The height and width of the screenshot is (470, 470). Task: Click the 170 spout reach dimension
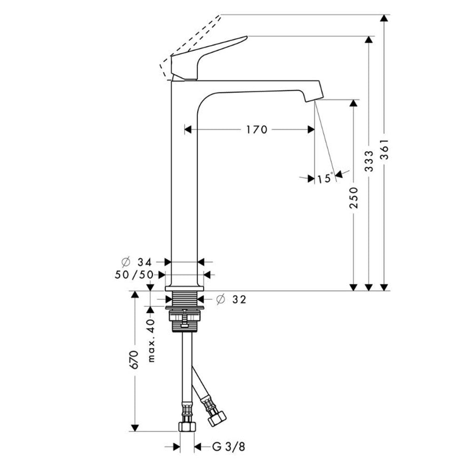(256, 130)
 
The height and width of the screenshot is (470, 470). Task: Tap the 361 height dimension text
(384, 149)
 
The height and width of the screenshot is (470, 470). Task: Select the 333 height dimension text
(369, 161)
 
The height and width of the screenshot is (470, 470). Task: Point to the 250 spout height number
(354, 197)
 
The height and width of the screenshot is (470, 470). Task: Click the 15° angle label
(325, 178)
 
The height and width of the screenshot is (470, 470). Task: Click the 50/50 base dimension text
(134, 274)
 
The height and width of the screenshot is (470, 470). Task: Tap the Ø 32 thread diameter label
(231, 299)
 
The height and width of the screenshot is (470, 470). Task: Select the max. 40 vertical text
(151, 340)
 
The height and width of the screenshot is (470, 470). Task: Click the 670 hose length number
(134, 360)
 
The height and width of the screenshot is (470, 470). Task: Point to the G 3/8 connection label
(229, 447)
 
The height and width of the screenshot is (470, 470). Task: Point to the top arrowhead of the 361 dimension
(384, 18)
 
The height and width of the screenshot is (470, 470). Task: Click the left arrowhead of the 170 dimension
(188, 130)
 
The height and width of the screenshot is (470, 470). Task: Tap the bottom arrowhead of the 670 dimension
(135, 428)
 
